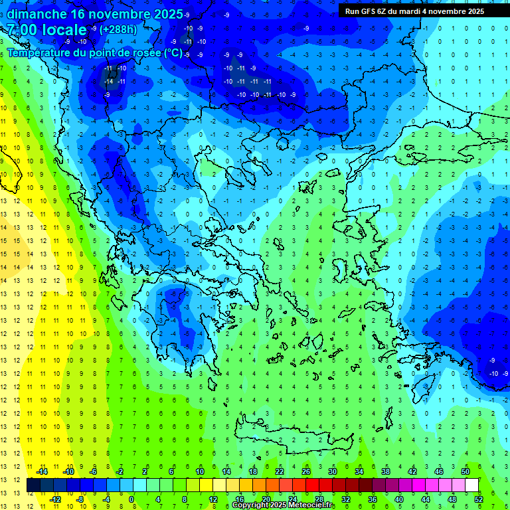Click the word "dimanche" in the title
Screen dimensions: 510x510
coord(36,14)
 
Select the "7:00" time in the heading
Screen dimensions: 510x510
coord(24,30)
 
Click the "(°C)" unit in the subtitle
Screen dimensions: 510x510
coord(173,52)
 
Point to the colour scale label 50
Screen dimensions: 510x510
coord(466,471)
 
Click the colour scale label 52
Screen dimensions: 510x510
coord(478,499)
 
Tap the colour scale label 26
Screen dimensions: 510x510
coord(306,471)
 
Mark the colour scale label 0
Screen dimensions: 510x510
coord(132,499)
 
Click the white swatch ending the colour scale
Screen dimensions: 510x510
coord(471,485)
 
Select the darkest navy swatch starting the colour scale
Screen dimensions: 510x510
coord(34,485)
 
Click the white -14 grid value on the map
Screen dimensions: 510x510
coord(109,81)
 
